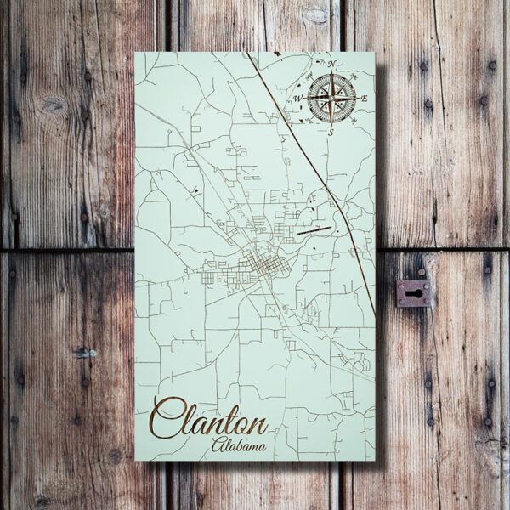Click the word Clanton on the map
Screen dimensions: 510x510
pyautogui.click(x=212, y=421)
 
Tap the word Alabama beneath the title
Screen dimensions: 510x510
pyautogui.click(x=238, y=445)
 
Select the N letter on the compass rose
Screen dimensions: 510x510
pyautogui.click(x=331, y=65)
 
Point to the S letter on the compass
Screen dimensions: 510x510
pyautogui.click(x=330, y=132)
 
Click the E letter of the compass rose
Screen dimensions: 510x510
pyautogui.click(x=364, y=99)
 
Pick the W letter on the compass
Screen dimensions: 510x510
pyautogui.click(x=298, y=99)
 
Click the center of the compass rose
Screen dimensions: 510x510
pyautogui.click(x=331, y=99)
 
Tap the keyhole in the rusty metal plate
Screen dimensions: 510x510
pyautogui.click(x=414, y=293)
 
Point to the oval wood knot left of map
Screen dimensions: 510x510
pyautogui.click(x=53, y=105)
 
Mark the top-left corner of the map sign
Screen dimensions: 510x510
pyautogui.click(x=136, y=53)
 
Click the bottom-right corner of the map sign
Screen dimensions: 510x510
pyautogui.click(x=374, y=460)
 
